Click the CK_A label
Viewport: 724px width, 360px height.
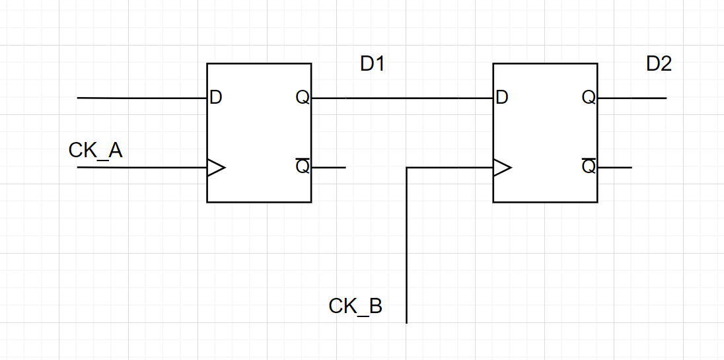(x=95, y=151)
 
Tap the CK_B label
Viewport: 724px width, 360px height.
(x=355, y=306)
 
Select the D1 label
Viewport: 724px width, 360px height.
(x=373, y=64)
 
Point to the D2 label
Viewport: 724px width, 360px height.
(x=659, y=64)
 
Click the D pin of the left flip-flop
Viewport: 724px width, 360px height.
(x=215, y=98)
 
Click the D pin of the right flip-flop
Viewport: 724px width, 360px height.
(x=501, y=98)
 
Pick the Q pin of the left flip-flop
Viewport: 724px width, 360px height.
(x=303, y=98)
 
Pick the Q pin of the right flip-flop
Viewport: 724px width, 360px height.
(x=589, y=98)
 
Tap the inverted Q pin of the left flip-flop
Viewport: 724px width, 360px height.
(x=303, y=166)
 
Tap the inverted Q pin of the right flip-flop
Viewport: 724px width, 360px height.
(x=589, y=166)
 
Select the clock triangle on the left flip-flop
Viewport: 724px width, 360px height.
(x=215, y=168)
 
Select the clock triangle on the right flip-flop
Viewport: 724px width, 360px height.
(x=501, y=168)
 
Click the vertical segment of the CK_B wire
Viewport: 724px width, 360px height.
(x=406, y=251)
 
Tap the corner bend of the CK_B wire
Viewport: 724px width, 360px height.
(x=407, y=168)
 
